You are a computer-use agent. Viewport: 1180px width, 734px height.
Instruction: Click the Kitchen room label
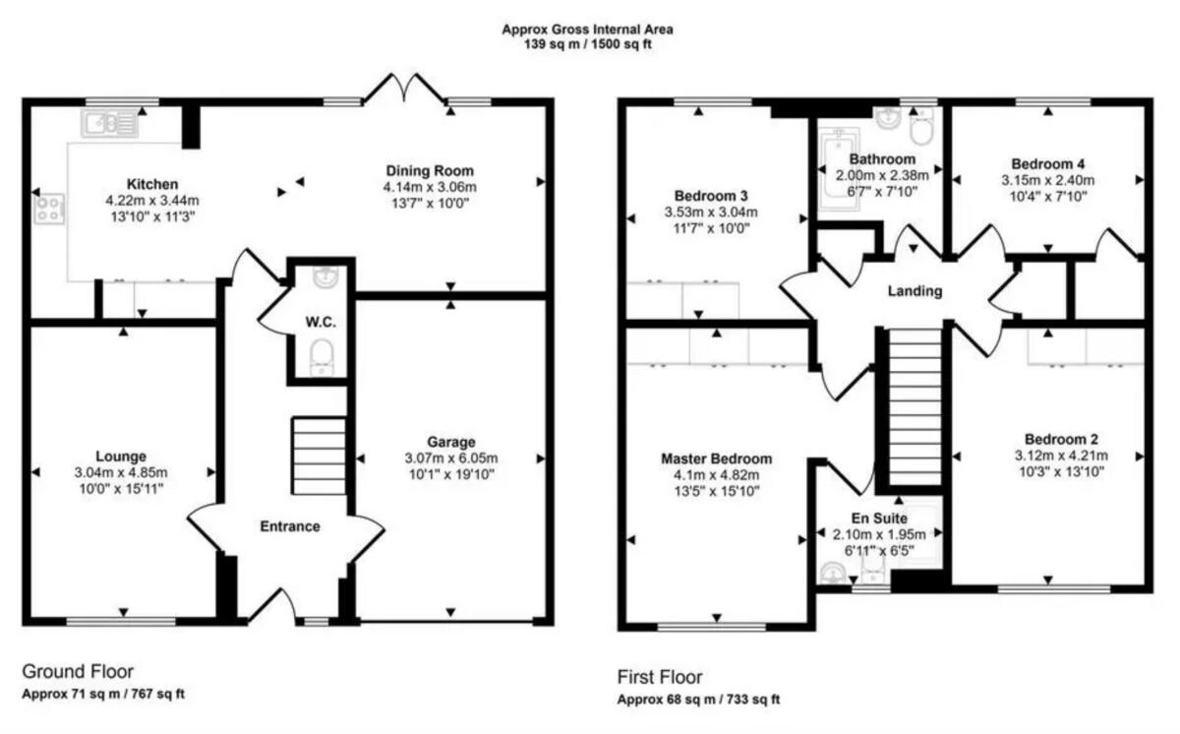pyautogui.click(x=151, y=184)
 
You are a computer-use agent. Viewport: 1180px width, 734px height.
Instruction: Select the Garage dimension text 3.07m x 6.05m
pyautogui.click(x=450, y=459)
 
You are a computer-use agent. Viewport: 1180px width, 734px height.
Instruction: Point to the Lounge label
pyautogui.click(x=122, y=456)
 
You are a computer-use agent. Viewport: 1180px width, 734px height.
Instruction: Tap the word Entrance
pyautogui.click(x=289, y=526)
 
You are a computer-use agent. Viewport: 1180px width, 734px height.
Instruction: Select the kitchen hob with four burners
pyautogui.click(x=48, y=210)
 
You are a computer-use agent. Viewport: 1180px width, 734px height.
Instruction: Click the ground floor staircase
pyautogui.click(x=319, y=456)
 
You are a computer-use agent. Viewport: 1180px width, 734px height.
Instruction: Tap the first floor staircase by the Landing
pyautogui.click(x=914, y=407)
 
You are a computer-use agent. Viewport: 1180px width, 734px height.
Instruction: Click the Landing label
pyautogui.click(x=914, y=291)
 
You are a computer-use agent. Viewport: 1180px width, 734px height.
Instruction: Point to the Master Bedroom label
pyautogui.click(x=716, y=459)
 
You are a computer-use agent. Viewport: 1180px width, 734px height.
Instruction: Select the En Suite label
pyautogui.click(x=880, y=517)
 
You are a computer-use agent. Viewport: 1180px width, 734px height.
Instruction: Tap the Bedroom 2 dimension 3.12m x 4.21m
pyautogui.click(x=1061, y=455)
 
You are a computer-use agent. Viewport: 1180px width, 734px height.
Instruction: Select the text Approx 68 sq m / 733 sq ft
pyautogui.click(x=698, y=701)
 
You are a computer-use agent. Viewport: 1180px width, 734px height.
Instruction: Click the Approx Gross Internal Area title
pyautogui.click(x=588, y=30)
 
